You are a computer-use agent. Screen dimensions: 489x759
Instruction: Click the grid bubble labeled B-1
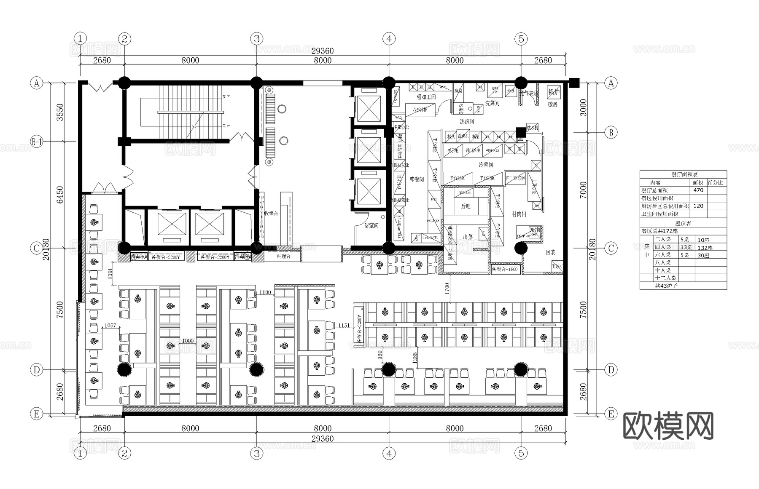[37, 142]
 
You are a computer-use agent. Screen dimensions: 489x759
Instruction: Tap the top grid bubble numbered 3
[256, 39]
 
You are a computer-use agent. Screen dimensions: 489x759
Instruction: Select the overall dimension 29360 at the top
[323, 51]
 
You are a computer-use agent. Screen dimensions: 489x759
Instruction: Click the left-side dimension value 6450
[60, 195]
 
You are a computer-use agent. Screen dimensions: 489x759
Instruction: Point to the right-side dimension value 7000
[583, 190]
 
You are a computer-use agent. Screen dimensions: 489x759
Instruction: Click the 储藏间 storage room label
[371, 226]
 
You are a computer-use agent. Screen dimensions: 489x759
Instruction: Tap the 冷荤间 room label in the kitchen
[485, 165]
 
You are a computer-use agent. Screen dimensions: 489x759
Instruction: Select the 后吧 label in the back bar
[466, 206]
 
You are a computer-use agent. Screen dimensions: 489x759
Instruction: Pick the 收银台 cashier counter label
[271, 214]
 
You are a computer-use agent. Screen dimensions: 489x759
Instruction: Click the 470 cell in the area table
[698, 190]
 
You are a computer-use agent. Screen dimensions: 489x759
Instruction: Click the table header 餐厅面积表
[684, 174]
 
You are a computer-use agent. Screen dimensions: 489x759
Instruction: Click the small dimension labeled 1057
[110, 326]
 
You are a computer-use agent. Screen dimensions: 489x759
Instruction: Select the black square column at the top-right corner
[574, 83]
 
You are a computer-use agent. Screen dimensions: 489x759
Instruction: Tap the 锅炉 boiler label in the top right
[554, 91]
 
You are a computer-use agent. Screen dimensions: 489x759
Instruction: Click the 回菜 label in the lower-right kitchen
[550, 252]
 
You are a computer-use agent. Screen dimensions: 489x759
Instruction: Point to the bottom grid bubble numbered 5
[521, 453]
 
